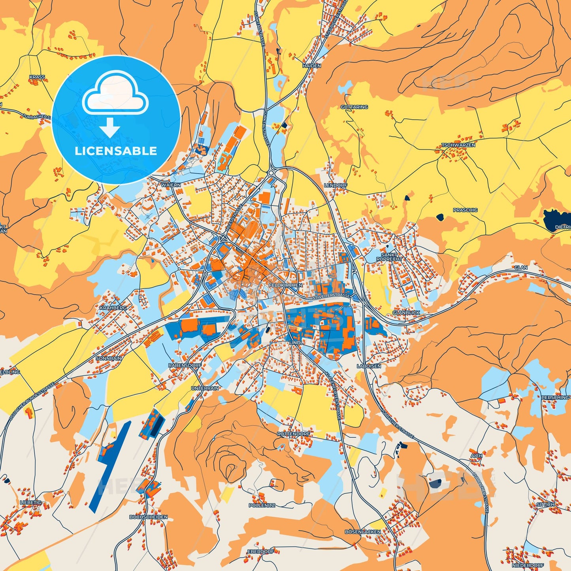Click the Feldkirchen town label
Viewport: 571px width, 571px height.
tap(285, 285)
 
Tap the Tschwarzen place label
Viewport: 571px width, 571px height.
tap(458, 145)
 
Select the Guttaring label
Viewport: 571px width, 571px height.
tap(354, 107)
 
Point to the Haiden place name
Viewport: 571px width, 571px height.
tap(311, 66)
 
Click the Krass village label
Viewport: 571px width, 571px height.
tap(37, 77)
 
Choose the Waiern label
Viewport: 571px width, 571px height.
tap(171, 185)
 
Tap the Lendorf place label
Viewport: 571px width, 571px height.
tap(335, 185)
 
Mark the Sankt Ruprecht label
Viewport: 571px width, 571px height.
tap(389, 257)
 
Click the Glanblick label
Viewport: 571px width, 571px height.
tap(406, 313)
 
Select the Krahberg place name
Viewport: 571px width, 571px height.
tap(113, 307)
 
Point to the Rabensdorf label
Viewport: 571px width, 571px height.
tap(185, 366)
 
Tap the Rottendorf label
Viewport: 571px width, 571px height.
tap(294, 434)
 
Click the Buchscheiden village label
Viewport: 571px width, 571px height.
tap(148, 517)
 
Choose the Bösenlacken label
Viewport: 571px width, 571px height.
tap(362, 532)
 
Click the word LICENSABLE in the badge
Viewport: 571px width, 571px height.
tap(116, 151)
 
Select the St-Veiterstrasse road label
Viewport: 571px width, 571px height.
tap(331, 296)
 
